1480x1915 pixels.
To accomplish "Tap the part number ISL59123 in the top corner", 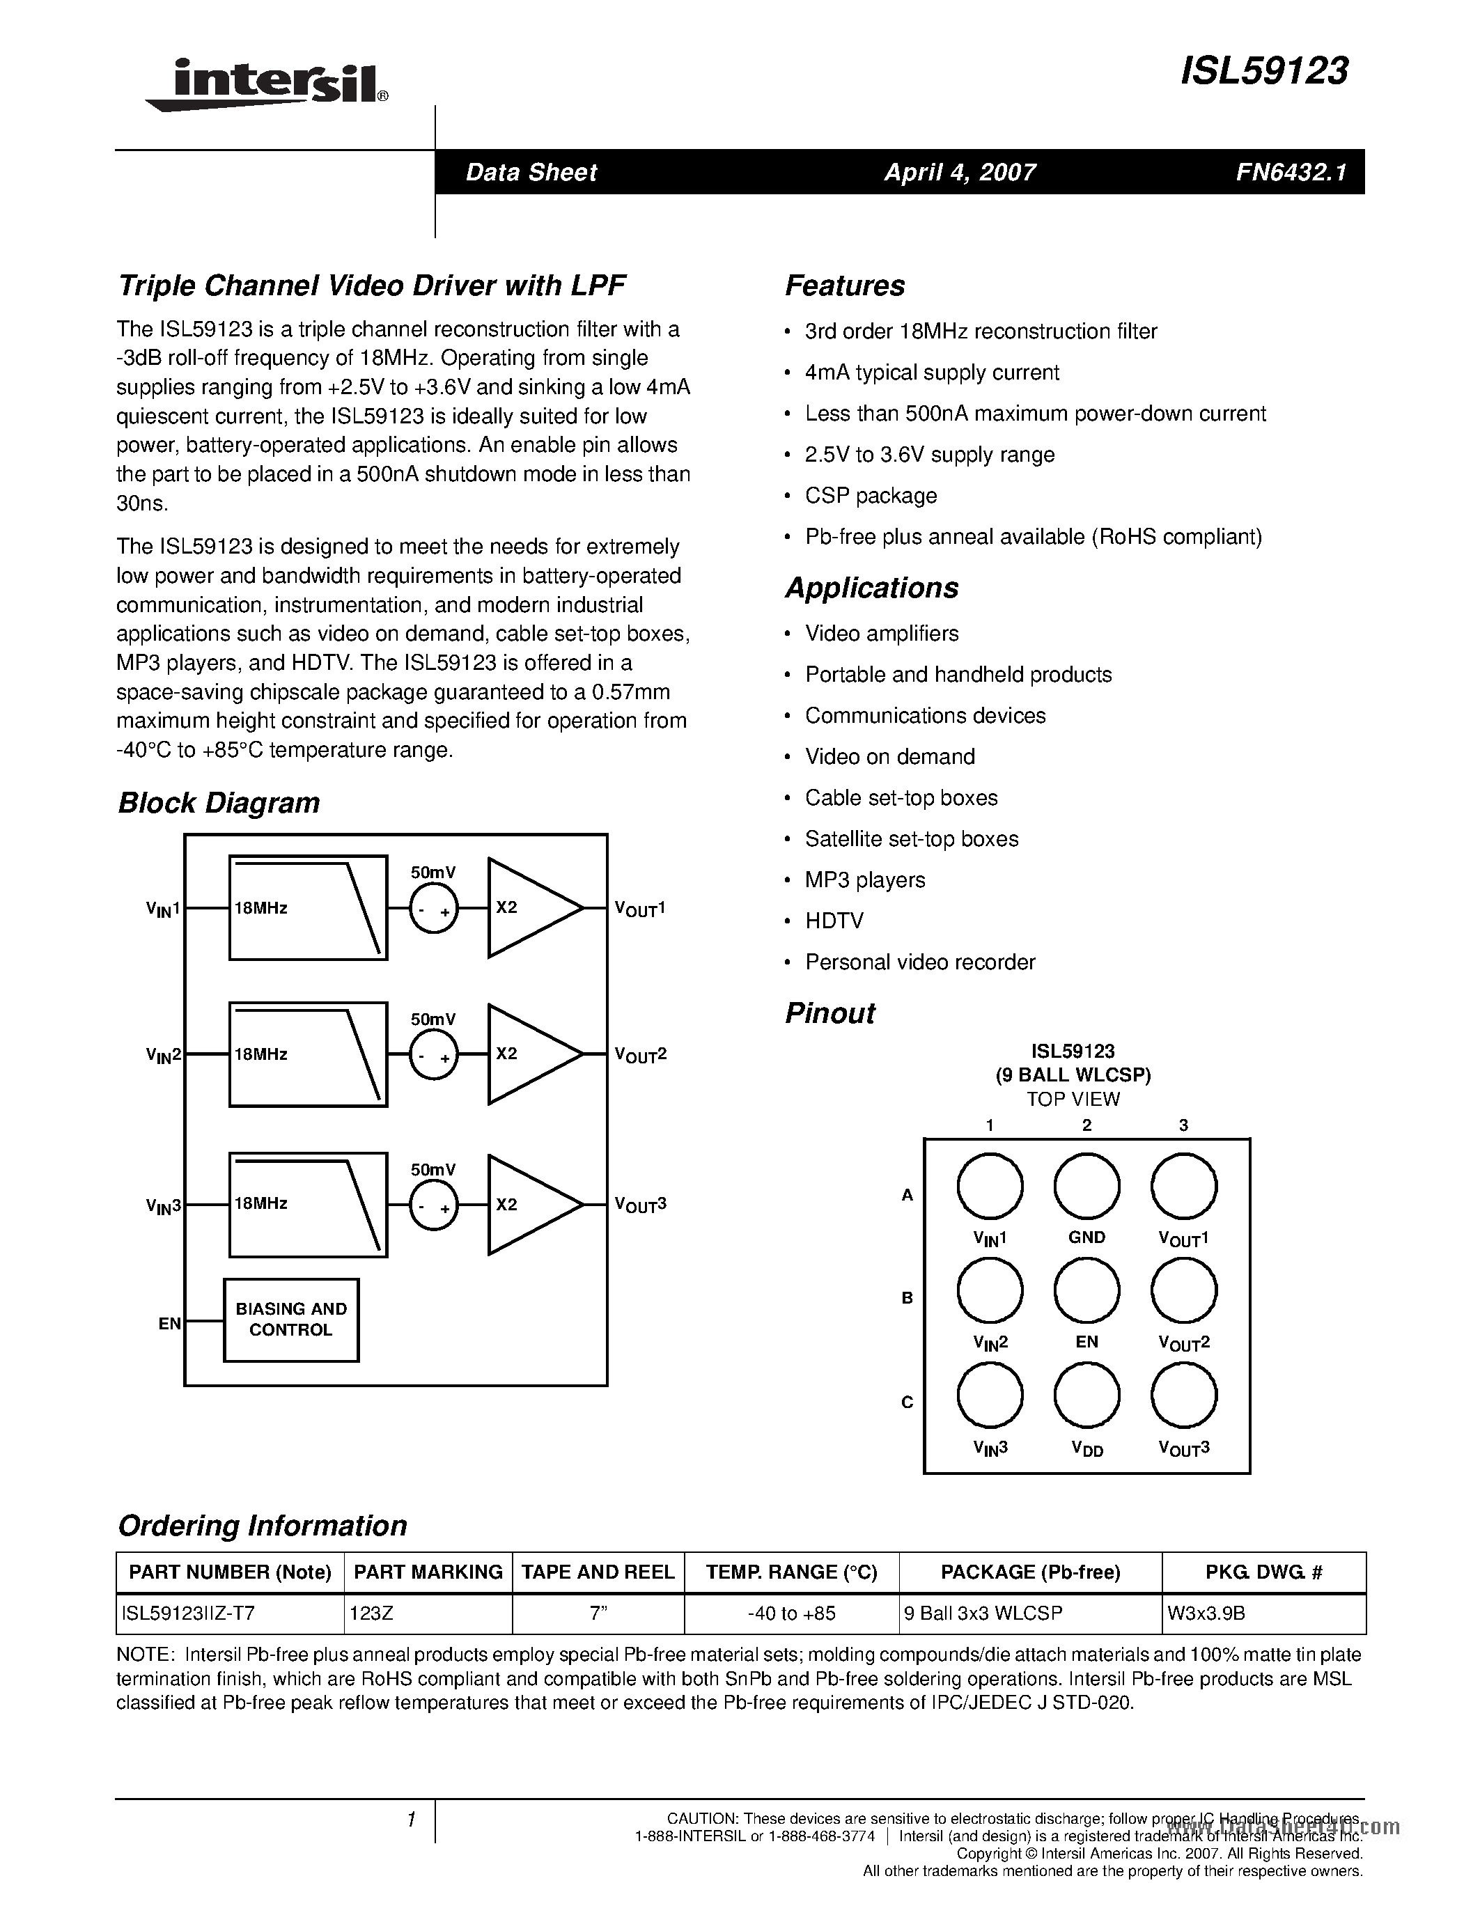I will [x=1264, y=71].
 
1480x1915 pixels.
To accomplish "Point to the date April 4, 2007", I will [x=959, y=172].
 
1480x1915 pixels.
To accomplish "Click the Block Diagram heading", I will [x=218, y=802].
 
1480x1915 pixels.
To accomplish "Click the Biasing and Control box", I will [x=291, y=1320].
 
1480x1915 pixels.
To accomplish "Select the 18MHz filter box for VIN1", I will [x=308, y=907].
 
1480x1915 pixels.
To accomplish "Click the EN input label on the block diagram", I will [x=169, y=1323].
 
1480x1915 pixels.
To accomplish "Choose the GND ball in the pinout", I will [x=1086, y=1187].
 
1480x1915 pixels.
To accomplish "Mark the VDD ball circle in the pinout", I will [x=1086, y=1395].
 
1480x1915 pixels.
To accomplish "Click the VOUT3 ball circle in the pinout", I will [x=1183, y=1395].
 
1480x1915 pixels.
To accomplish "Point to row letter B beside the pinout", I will [x=908, y=1298].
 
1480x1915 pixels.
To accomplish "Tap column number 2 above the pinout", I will [x=1086, y=1125].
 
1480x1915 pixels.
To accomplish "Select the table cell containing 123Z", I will [x=428, y=1613].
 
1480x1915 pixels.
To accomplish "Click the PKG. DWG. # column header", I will [x=1263, y=1572].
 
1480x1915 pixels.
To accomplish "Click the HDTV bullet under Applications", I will [x=834, y=921].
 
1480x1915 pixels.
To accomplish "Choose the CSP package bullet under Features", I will [x=871, y=495].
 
